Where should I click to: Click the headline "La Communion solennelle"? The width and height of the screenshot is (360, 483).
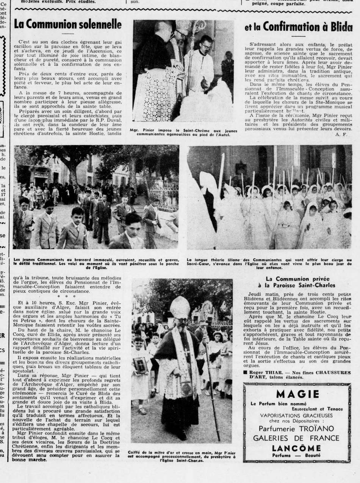click(67, 25)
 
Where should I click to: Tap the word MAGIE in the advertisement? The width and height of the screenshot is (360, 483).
click(297, 394)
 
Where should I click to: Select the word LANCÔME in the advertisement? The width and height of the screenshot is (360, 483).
click(297, 448)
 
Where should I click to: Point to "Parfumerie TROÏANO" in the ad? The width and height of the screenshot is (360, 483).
click(296, 428)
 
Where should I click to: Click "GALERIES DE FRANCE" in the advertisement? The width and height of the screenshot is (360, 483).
click(296, 438)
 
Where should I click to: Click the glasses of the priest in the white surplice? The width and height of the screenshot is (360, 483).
click(207, 45)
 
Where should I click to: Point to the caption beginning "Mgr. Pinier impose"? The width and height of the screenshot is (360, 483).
click(183, 132)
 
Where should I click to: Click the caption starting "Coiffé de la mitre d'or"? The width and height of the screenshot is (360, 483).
click(182, 456)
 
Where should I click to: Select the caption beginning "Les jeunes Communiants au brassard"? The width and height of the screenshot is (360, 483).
click(96, 263)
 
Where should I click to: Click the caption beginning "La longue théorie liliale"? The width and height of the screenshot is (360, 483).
click(269, 263)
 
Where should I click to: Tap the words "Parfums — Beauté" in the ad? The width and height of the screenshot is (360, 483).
click(296, 455)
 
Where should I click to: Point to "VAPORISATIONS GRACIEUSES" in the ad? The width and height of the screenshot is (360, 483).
click(296, 415)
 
